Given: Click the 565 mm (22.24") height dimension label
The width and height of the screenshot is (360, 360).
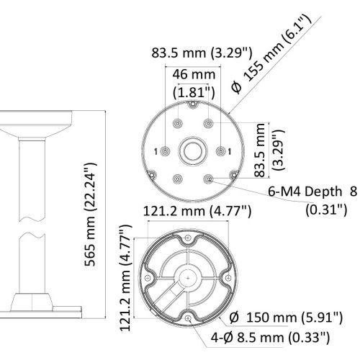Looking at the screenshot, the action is (x=91, y=215).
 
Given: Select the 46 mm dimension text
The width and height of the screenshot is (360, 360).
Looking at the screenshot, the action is (x=194, y=75).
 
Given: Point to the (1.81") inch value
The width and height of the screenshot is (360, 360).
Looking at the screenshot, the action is (x=194, y=92).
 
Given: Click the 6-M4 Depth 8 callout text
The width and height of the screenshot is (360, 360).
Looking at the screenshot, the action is (x=312, y=192).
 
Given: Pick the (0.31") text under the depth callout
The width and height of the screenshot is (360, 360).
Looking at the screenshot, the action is (x=326, y=210).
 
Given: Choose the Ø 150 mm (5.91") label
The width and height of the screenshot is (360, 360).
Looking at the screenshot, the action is (x=286, y=318).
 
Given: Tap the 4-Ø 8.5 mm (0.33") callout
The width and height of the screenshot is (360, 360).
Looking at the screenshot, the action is (x=270, y=338).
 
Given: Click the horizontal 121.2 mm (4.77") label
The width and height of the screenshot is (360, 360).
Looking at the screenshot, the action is (x=197, y=211).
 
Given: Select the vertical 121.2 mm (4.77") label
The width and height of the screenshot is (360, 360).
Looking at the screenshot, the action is (x=126, y=278).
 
